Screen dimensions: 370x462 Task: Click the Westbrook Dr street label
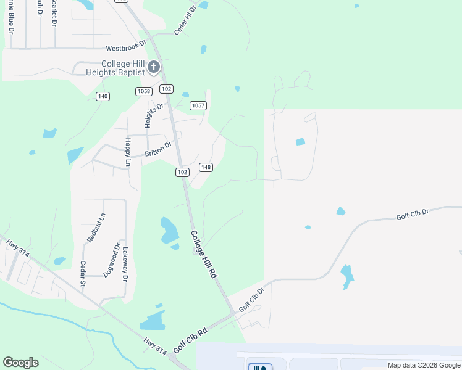click(125, 47)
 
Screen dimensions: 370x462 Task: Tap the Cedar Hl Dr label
click(185, 20)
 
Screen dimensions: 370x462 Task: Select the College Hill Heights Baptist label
click(124, 68)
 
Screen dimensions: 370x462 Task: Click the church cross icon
click(154, 67)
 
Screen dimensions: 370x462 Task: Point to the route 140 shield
click(103, 96)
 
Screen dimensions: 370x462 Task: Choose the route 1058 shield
click(143, 91)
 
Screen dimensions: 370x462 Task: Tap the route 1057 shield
click(198, 105)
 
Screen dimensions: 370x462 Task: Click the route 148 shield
click(206, 167)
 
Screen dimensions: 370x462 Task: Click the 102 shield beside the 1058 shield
click(166, 89)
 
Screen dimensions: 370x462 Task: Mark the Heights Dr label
click(154, 115)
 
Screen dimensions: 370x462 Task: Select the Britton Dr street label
click(157, 150)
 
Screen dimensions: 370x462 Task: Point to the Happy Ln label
click(128, 152)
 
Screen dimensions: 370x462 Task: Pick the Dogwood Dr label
click(111, 260)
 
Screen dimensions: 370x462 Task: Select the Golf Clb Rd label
click(190, 340)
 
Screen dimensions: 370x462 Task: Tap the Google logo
click(20, 363)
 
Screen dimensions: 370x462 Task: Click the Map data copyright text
click(424, 365)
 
